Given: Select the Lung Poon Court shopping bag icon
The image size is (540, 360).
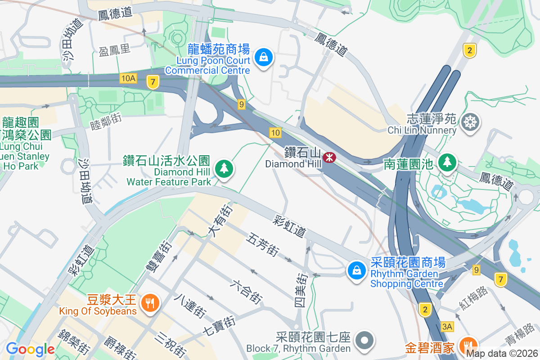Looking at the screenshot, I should (x=263, y=58).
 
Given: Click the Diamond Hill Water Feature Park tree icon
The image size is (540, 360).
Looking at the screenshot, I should (x=224, y=169).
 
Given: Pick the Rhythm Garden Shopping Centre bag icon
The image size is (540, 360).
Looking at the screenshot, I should (x=356, y=271).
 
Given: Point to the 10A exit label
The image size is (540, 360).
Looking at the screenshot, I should (x=128, y=79).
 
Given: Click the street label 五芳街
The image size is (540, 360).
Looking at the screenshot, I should (x=262, y=245).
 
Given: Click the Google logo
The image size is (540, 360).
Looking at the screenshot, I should (x=30, y=349).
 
